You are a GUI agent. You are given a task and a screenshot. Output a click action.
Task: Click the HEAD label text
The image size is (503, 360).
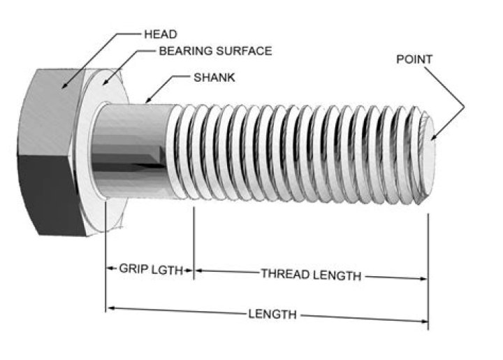[x=160, y=34]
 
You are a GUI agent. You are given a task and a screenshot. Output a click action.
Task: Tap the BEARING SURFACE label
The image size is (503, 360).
[x=215, y=51]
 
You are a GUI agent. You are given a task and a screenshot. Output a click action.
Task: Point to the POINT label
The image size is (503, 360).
[x=414, y=59]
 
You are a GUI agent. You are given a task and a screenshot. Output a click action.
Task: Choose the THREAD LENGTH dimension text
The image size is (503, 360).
[x=311, y=275]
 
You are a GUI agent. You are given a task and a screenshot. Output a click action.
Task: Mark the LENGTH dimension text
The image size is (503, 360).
[x=272, y=314]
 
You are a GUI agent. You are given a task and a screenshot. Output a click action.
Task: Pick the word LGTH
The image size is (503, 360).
[x=177, y=270]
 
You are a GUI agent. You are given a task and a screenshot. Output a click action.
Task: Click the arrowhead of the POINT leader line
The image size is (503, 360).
[x=435, y=138]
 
